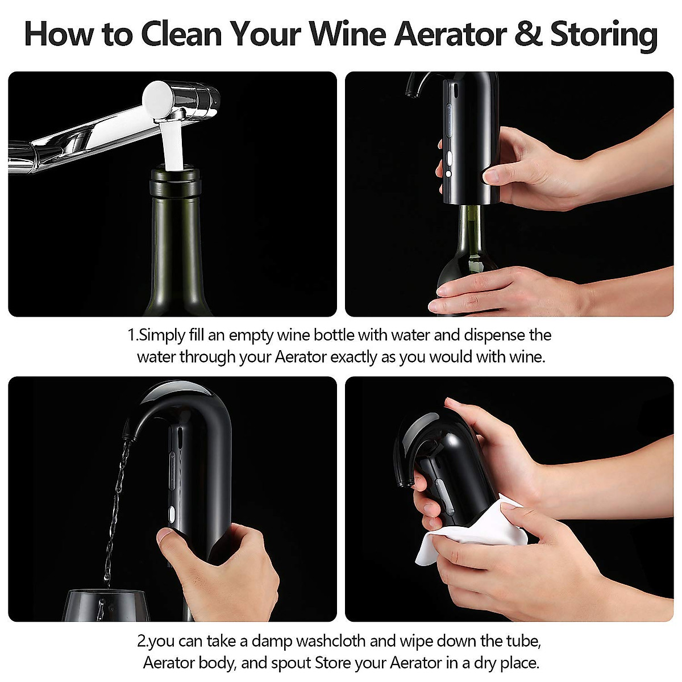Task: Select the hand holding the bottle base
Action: tap(500, 293)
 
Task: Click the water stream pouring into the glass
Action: tap(117, 500)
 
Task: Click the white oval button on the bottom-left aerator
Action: tap(170, 515)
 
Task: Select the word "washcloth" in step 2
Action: tap(331, 641)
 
